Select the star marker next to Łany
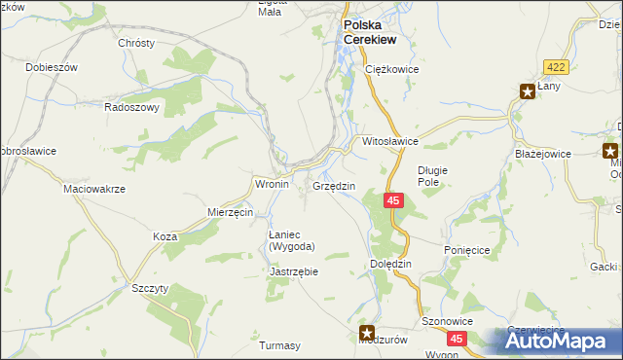click(527, 92)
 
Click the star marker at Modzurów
click(367, 332)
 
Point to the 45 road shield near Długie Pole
click(392, 200)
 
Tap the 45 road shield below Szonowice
click(457, 338)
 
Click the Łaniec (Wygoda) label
click(291, 240)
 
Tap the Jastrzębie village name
click(293, 272)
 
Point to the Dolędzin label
click(392, 264)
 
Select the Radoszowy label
click(132, 108)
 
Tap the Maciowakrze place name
click(94, 189)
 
